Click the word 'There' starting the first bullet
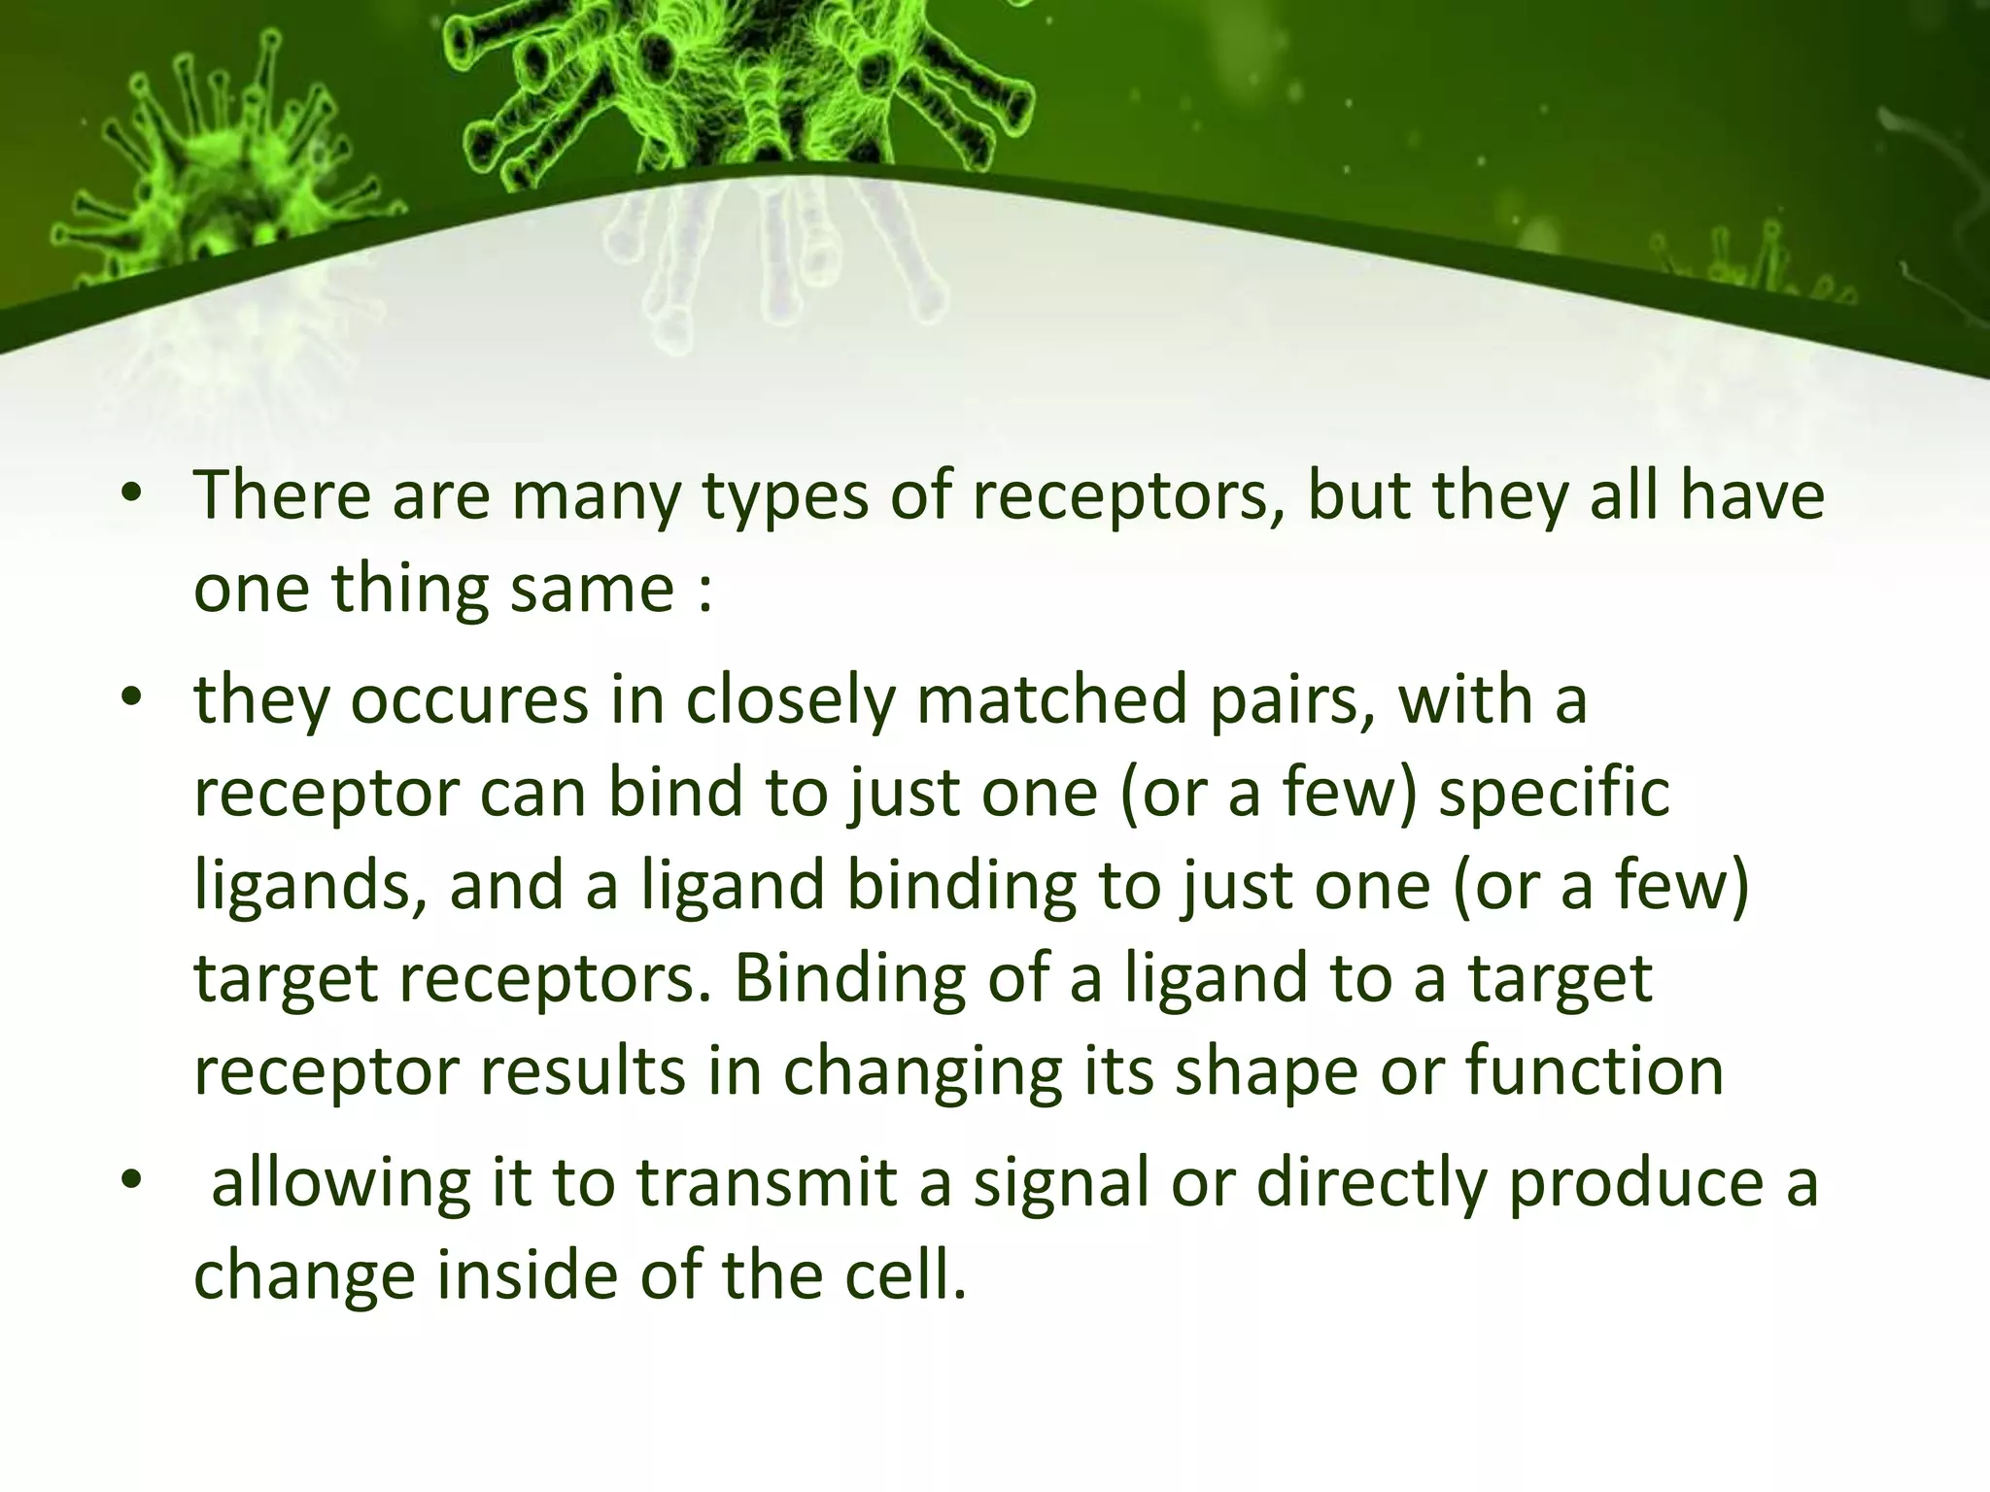283,495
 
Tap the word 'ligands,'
311,886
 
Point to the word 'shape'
1263,1071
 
